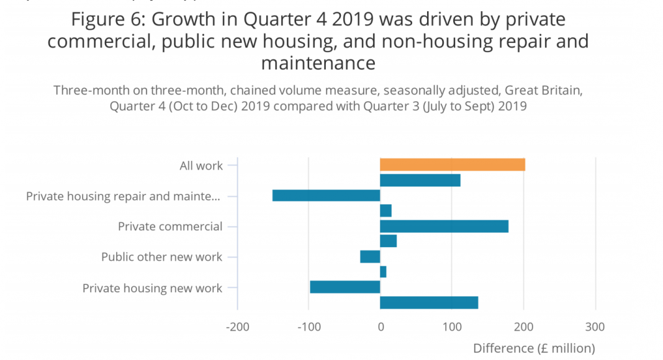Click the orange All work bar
click(452, 164)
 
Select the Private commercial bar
click(444, 227)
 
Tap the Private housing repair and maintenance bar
click(326, 196)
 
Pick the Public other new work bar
click(370, 256)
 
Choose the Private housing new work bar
click(345, 287)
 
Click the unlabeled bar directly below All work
click(420, 180)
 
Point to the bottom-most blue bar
click(428, 302)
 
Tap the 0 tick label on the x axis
click(380, 327)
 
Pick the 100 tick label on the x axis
click(452, 327)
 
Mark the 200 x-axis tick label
click(523, 327)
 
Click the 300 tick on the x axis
click(595, 327)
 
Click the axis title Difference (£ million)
click(534, 348)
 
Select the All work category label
click(201, 166)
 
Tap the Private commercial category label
click(170, 227)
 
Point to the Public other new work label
click(161, 257)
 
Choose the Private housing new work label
click(152, 288)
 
